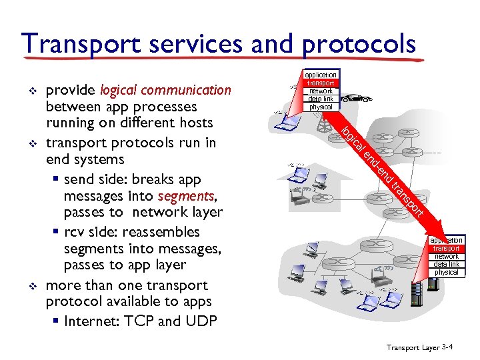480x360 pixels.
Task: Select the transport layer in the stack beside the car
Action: (321, 83)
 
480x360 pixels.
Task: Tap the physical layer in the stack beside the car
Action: (321, 107)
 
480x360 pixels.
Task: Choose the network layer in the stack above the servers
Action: (447, 256)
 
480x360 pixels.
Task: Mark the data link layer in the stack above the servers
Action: (447, 264)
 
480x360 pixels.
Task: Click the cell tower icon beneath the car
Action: (326, 123)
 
